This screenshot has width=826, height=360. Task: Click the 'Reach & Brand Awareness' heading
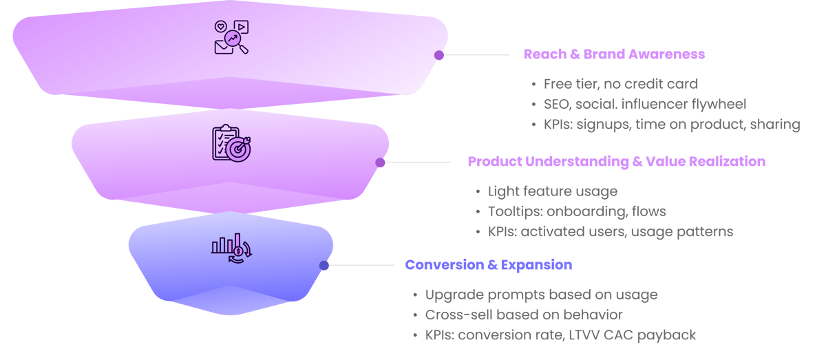coord(614,54)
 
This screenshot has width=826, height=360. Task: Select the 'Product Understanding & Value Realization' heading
coord(616,162)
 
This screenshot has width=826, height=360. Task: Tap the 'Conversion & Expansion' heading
coord(488,265)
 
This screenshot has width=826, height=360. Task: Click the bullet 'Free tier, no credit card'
coord(621,84)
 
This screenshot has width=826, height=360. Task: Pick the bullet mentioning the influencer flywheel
coord(644,105)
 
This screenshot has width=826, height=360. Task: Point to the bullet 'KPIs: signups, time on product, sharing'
coord(671,125)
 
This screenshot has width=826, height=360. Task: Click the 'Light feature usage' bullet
coord(553,191)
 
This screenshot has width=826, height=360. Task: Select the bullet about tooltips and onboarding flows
coord(577,211)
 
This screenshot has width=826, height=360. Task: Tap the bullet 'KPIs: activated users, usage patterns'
coord(610,231)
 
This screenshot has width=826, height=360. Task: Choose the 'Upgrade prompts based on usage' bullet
coord(541,295)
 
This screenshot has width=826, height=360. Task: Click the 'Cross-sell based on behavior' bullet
coord(524,315)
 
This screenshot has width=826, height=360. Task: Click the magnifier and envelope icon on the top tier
coord(231,37)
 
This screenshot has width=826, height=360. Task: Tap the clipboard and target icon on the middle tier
coord(231,143)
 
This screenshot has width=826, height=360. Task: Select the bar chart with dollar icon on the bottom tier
coord(231,248)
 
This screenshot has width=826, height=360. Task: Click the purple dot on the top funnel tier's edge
coord(439,55)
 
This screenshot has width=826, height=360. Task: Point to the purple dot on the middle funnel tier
coord(380,162)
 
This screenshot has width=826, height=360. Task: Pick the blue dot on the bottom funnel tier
coord(324,265)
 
